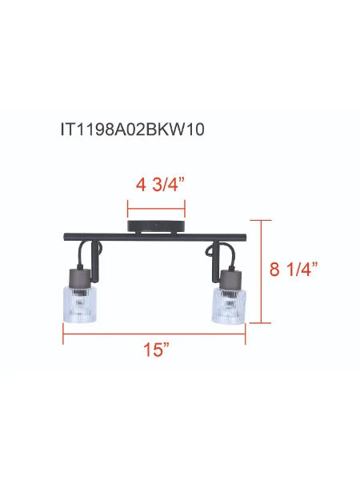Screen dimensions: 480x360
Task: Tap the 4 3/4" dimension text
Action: point(157,185)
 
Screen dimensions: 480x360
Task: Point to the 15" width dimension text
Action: point(157,350)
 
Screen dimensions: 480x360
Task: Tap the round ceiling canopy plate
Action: point(157,226)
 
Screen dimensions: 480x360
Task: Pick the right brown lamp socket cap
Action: point(229,278)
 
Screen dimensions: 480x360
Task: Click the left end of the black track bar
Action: point(66,237)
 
